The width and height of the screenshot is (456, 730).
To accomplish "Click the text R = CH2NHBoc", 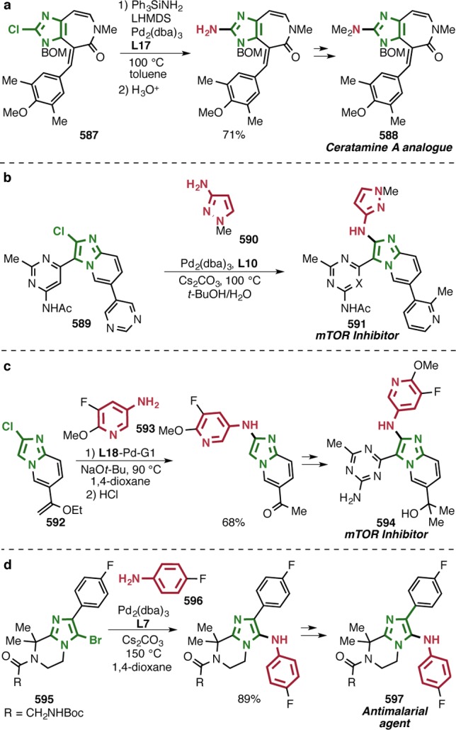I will (47, 716).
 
